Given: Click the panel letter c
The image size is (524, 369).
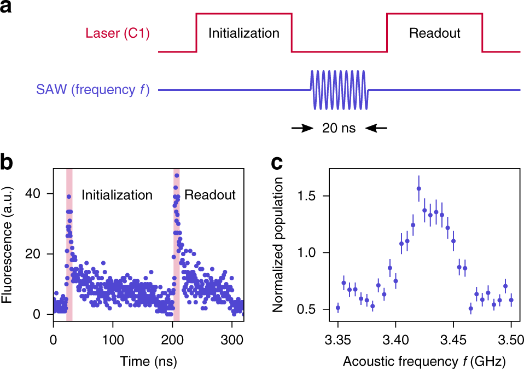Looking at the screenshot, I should (x=277, y=163).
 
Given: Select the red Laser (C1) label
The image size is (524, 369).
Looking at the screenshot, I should (x=118, y=34).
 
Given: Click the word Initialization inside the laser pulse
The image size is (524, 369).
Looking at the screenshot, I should (x=244, y=33).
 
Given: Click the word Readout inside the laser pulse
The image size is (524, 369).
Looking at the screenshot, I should (x=435, y=33).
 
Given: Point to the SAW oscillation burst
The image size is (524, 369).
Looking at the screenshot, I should (x=340, y=89).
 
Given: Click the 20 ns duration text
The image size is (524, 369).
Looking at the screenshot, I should (x=339, y=129).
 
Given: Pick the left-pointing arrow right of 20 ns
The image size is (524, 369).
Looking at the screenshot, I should (x=376, y=129).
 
